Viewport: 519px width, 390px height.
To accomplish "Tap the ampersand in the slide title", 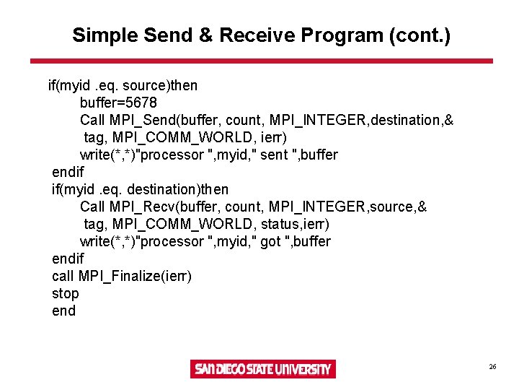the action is [x=209, y=35].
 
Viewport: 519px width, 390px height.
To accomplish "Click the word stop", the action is [x=65, y=293].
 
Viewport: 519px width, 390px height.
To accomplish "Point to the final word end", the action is [x=63, y=311].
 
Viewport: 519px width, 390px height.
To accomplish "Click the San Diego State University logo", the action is [x=262, y=369].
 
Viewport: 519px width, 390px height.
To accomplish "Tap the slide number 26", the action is [x=492, y=367].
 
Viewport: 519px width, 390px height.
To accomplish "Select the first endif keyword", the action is [x=68, y=172].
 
